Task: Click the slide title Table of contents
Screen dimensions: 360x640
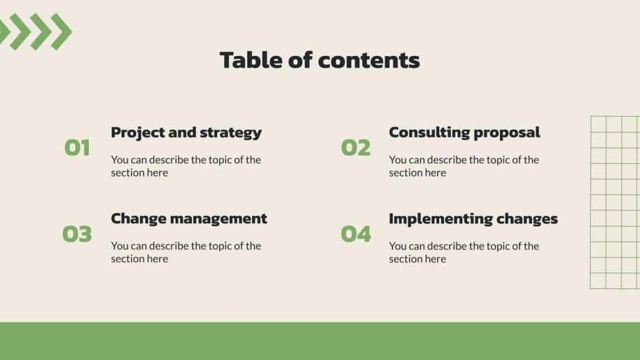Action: click(320, 60)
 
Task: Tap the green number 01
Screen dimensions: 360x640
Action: click(77, 148)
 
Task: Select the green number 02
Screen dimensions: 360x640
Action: click(355, 148)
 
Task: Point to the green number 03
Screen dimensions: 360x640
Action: click(77, 234)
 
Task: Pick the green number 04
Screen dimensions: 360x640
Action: click(355, 234)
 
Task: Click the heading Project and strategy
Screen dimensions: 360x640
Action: click(186, 133)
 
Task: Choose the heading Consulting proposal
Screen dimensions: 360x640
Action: click(464, 133)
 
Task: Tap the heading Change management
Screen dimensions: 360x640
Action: click(189, 219)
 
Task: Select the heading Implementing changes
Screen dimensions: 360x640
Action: click(473, 219)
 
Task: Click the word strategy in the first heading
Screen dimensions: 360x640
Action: click(230, 133)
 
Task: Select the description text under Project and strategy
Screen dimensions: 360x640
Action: click(186, 166)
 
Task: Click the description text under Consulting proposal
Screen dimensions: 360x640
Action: click(464, 166)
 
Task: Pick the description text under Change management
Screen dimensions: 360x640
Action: click(186, 252)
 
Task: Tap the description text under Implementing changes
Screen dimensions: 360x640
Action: click(464, 252)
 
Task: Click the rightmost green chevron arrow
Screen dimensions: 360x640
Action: click(61, 31)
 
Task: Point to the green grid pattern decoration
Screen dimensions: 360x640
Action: click(614, 202)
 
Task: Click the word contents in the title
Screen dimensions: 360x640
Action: click(369, 60)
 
